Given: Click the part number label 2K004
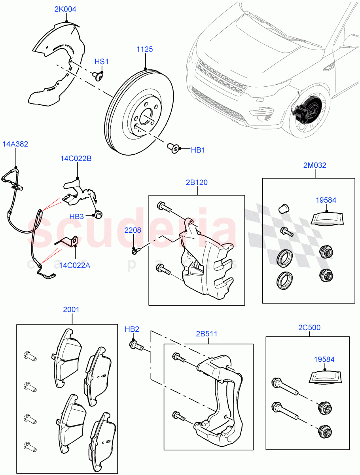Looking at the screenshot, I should click(65, 9).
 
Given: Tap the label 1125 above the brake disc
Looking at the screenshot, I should click(145, 49).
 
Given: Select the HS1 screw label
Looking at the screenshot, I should click(101, 62).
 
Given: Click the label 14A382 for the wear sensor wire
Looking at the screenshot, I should click(15, 144).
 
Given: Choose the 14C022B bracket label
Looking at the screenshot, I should click(76, 159).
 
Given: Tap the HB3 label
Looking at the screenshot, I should click(76, 217).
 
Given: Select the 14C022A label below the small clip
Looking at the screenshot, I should click(75, 265).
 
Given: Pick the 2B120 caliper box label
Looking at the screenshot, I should click(196, 182).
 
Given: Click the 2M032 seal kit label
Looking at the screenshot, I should click(315, 165).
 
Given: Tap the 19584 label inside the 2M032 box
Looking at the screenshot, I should click(326, 200).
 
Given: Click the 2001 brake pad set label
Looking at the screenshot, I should click(71, 310).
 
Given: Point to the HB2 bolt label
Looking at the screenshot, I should click(132, 329).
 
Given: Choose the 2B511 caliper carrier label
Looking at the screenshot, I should click(207, 333).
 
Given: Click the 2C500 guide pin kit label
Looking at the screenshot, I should click(309, 328).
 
